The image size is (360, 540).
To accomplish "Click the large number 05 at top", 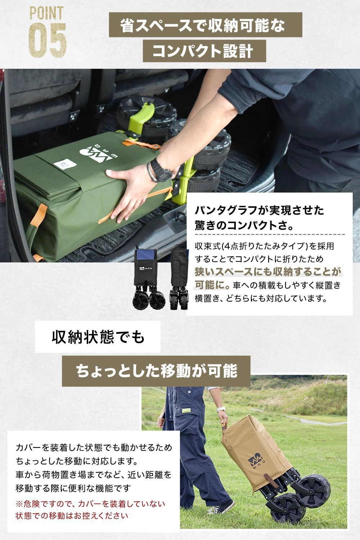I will (x=48, y=40).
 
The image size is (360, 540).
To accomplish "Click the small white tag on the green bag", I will (x=64, y=165).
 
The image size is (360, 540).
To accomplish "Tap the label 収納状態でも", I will (x=98, y=337).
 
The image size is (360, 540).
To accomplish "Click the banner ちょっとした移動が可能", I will (x=156, y=371).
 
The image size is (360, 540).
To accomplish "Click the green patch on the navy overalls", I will (x=186, y=411).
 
